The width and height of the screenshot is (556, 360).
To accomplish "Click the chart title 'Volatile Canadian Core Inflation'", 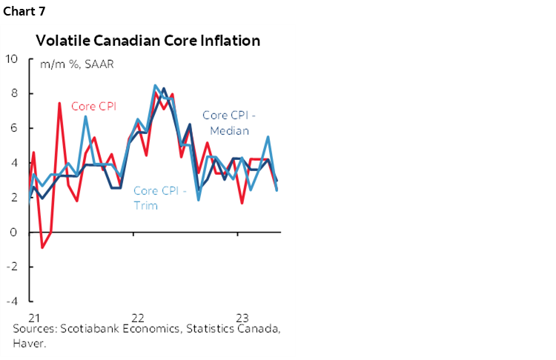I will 148,41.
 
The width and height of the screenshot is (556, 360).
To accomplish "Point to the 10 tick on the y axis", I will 13,59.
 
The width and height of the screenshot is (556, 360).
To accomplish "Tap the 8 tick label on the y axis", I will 13,93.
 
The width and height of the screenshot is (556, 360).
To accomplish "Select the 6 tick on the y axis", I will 13,128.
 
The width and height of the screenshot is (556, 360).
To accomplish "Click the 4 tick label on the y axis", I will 13,163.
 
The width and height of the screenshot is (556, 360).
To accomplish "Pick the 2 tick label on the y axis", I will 13,198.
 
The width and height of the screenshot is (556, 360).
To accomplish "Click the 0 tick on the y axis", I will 13,233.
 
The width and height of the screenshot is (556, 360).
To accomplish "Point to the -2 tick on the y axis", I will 11,267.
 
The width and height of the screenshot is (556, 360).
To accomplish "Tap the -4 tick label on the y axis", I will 11,301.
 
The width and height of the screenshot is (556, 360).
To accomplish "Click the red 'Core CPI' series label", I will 93,106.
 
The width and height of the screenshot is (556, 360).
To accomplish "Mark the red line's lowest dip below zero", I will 42,247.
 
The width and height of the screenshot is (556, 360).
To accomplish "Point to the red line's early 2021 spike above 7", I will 59,103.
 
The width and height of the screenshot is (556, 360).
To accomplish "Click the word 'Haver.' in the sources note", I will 29,344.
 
